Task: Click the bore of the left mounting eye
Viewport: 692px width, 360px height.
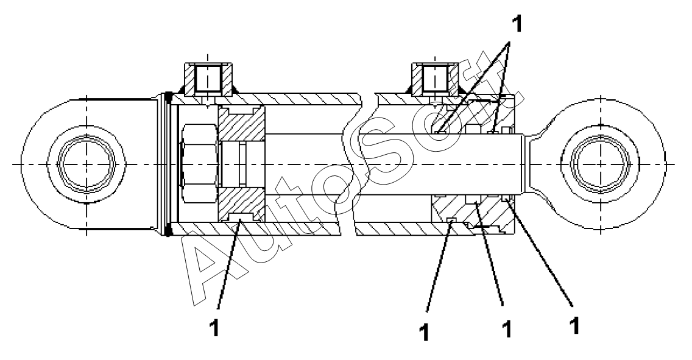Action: pos(85,164)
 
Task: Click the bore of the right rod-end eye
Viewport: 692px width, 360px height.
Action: pos(600,164)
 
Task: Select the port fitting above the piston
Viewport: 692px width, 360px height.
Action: pos(207,79)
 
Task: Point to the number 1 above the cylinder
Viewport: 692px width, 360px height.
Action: pos(517,25)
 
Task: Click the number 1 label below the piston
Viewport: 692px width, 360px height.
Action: pos(214,327)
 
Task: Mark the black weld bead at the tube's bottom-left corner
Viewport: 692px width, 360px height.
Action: pos(169,230)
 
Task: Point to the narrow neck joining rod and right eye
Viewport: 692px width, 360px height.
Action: pos(531,164)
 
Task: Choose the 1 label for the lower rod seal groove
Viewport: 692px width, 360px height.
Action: pos(504,330)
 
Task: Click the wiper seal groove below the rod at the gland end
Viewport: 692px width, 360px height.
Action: pos(506,201)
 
